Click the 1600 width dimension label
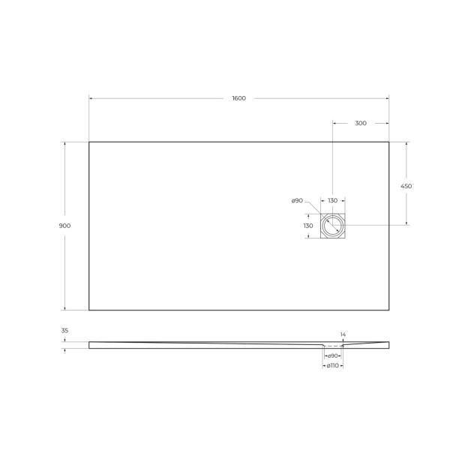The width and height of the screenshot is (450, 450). click(239, 98)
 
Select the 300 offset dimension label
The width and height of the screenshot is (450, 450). click(361, 123)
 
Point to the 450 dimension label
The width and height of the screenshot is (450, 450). click(406, 186)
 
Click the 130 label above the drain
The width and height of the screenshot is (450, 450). click(332, 200)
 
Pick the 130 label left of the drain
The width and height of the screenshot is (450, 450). click(308, 226)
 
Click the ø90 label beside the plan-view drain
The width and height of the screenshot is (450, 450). click(297, 200)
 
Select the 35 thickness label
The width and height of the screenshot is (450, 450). click(64, 330)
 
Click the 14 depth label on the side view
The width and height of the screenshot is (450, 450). click(343, 334)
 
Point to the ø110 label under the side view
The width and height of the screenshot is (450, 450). click(332, 365)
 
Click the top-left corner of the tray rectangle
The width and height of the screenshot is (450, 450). click(89, 142)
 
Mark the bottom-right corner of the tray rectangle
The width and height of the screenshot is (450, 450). click(389, 310)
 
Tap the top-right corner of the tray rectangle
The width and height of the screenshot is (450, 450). click(389, 142)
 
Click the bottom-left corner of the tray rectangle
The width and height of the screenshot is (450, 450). click(89, 310)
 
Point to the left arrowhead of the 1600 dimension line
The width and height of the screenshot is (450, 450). click(91, 98)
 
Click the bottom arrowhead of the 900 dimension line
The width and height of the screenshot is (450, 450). click(64, 308)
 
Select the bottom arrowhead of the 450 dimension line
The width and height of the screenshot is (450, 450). click(406, 223)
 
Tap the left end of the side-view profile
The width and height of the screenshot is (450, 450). click(90, 345)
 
